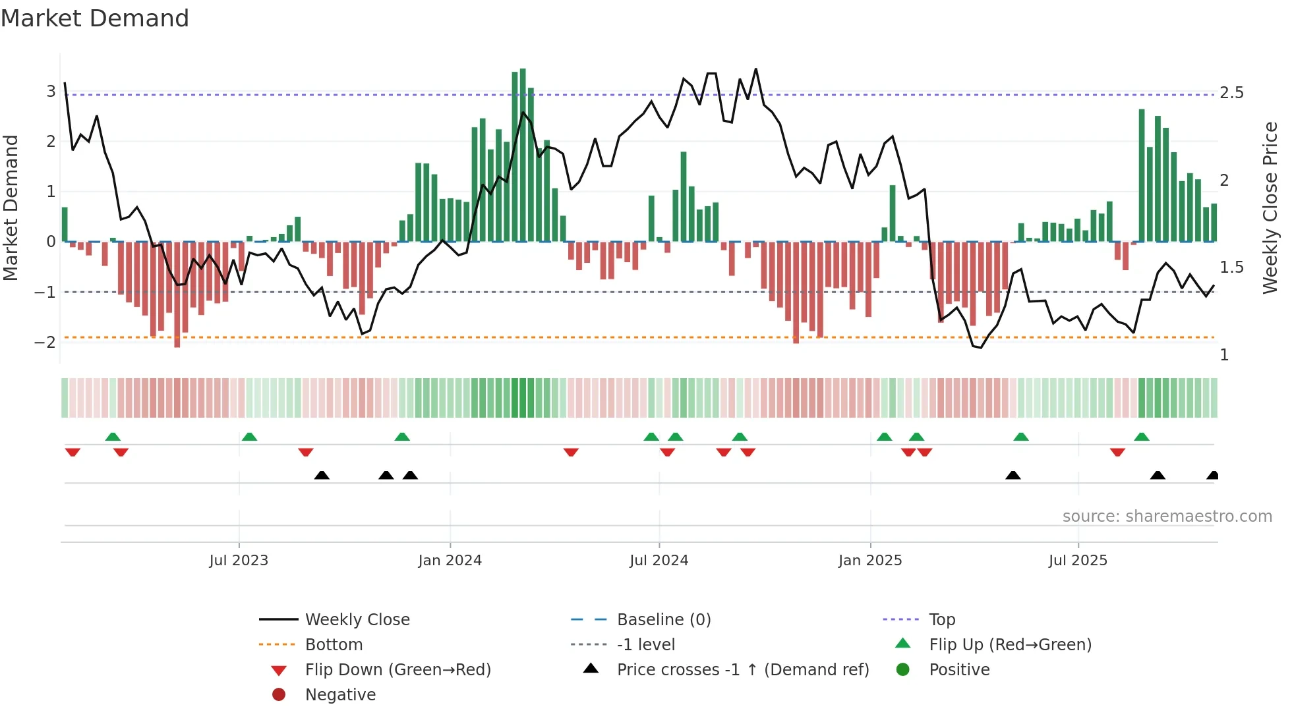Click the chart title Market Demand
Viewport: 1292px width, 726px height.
tap(95, 18)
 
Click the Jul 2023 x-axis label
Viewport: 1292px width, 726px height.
tap(239, 561)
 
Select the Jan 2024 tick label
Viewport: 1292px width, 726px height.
tap(450, 561)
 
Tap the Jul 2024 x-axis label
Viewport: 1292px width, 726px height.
tap(659, 561)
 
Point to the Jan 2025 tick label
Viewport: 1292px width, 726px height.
tap(870, 561)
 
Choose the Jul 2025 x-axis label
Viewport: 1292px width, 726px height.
tap(1078, 561)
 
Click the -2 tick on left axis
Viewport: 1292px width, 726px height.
tap(45, 342)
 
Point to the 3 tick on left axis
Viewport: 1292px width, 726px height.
tap(51, 92)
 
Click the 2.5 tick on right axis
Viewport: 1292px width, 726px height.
tap(1231, 93)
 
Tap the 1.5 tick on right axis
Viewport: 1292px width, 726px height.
tap(1231, 267)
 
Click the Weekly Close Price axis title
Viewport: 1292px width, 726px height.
tap(1270, 208)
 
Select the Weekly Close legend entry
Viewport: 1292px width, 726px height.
tap(357, 620)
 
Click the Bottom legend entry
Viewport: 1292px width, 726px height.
tap(334, 645)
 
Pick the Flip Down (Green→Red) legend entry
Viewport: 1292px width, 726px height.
tap(397, 670)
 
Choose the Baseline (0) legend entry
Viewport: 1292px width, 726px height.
tap(663, 620)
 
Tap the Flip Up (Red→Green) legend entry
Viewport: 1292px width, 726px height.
tap(1010, 645)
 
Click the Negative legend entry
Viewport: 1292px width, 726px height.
tap(340, 695)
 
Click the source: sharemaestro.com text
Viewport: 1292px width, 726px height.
tap(1167, 517)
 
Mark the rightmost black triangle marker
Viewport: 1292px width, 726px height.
tap(1212, 475)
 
